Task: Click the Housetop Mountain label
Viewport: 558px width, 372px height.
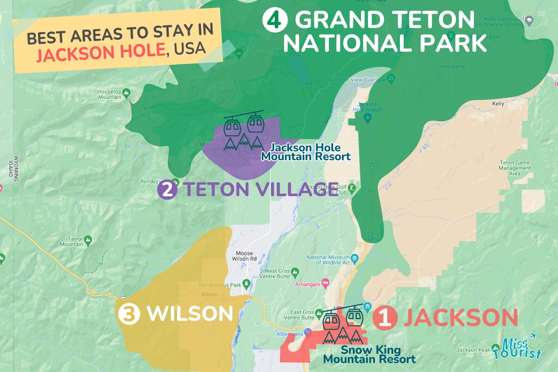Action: (x=109, y=94)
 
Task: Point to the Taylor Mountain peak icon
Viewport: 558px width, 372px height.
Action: (x=88, y=239)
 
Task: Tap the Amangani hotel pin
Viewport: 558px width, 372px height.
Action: (x=325, y=282)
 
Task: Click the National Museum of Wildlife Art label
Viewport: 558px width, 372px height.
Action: (x=328, y=260)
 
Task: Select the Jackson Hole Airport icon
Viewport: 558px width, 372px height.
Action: (x=367, y=118)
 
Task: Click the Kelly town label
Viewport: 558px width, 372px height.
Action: (x=498, y=104)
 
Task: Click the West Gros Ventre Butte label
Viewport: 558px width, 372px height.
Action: (x=277, y=274)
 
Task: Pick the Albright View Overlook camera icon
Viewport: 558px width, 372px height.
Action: (x=391, y=79)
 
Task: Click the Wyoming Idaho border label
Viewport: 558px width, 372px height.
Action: (x=16, y=168)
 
